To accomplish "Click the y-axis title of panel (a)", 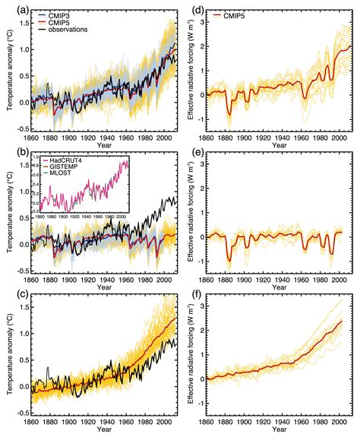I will pos(8,68).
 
